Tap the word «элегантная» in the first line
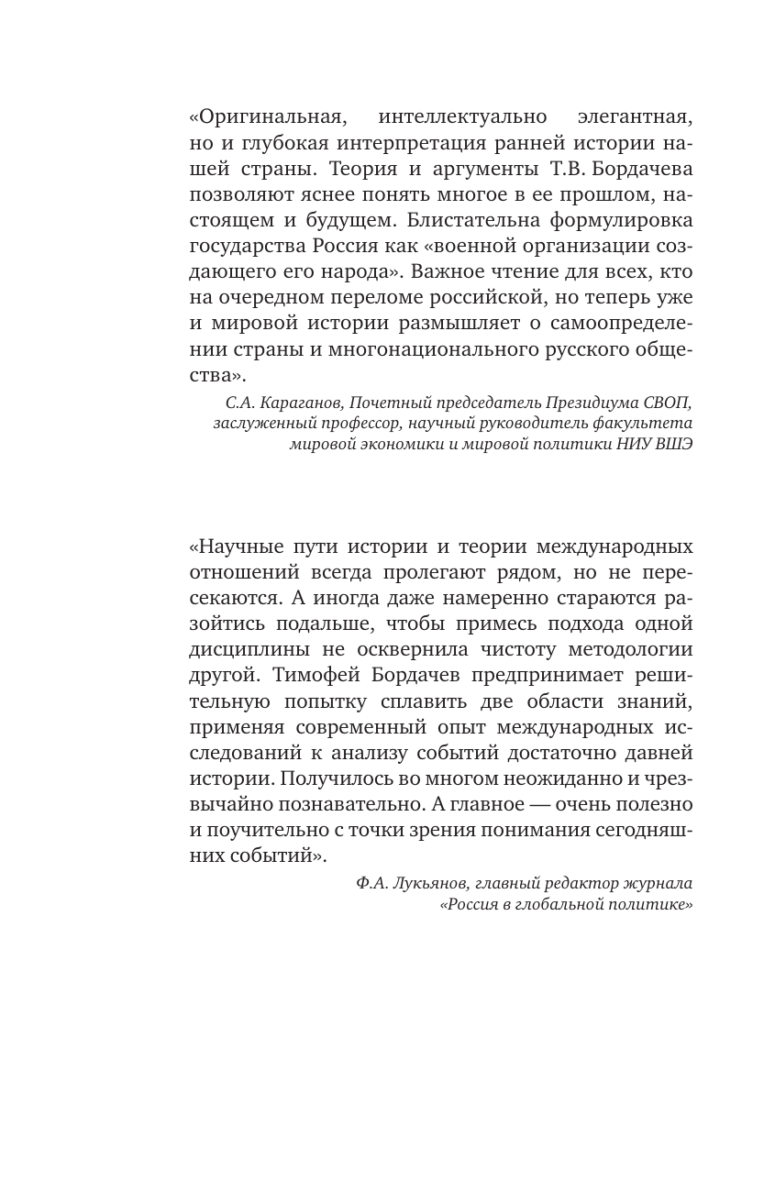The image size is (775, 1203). [636, 117]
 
